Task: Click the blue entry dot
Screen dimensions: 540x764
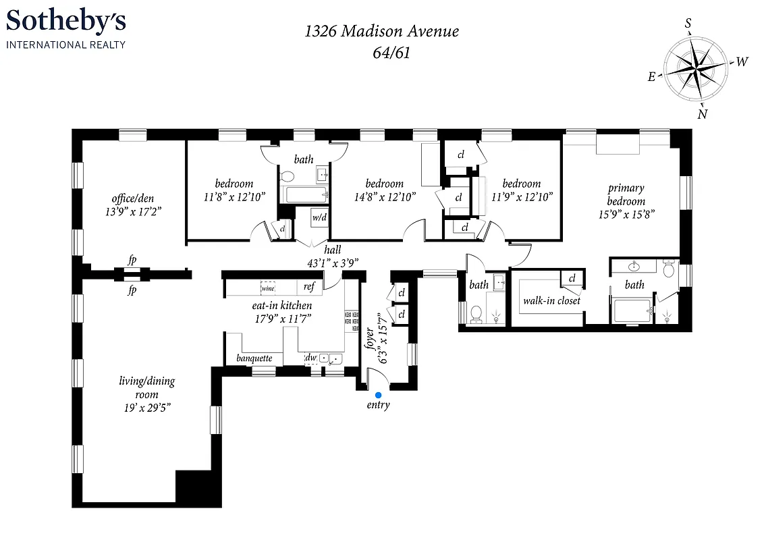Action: (378, 394)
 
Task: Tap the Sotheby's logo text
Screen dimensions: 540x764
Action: (66, 23)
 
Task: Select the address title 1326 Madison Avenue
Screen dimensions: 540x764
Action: (382, 30)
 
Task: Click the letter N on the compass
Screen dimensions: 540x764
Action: (703, 114)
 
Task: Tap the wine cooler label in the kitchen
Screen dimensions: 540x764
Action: (268, 288)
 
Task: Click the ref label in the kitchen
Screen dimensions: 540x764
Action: (309, 287)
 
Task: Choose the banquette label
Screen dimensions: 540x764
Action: (254, 358)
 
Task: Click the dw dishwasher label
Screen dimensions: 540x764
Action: (311, 358)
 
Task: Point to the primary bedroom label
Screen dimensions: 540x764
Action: (626, 194)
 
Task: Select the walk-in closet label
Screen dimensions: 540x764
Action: (551, 301)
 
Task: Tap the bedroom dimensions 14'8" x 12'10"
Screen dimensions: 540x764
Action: (385, 196)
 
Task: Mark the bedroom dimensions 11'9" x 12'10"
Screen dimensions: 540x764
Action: (522, 196)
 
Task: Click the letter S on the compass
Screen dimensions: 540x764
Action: (688, 24)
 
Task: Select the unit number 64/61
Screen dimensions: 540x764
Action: (382, 53)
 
